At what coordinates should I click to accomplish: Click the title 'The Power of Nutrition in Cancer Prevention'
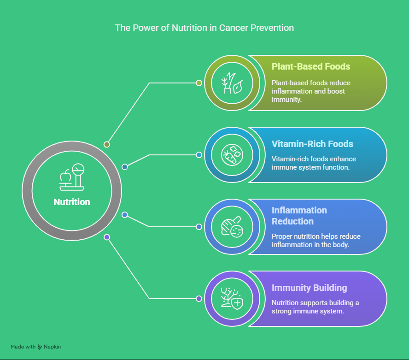[x=204, y=28]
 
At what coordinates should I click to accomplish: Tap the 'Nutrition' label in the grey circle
[x=72, y=202]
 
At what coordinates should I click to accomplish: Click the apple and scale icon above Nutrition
[x=72, y=177]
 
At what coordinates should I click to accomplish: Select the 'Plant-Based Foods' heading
[x=310, y=66]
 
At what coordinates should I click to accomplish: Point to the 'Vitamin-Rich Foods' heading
[x=312, y=144]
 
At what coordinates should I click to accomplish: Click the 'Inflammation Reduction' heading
[x=299, y=216]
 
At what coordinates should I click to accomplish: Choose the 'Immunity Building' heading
[x=310, y=288]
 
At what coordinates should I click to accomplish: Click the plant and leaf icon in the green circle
[x=232, y=83]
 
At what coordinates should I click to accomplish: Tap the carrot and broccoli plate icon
[x=232, y=155]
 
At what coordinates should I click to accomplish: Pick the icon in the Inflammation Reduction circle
[x=232, y=227]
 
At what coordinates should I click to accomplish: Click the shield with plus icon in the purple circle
[x=232, y=299]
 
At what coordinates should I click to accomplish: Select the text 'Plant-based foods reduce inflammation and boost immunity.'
[x=311, y=91]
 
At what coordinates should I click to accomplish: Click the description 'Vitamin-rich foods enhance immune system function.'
[x=314, y=163]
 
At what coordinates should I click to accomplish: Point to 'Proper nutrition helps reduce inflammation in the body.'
[x=316, y=241]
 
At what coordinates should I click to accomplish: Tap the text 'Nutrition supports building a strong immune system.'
[x=315, y=307]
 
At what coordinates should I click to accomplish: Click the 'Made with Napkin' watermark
[x=36, y=347]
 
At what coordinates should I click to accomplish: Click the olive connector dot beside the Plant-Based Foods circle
[x=199, y=83]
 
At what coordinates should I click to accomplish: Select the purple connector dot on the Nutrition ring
[x=107, y=237]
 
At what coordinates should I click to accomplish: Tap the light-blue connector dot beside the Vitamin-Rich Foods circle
[x=199, y=155]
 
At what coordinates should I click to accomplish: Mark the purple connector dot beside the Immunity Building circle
[x=199, y=299]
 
